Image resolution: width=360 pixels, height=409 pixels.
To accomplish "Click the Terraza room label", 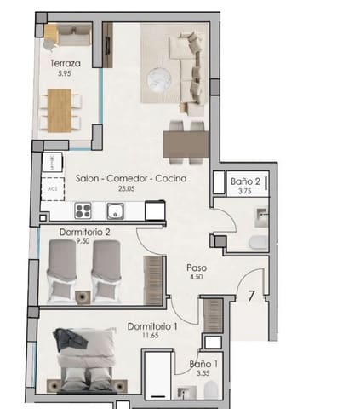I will tap(65, 63).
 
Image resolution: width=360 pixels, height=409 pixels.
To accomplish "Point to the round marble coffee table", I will tap(159, 79).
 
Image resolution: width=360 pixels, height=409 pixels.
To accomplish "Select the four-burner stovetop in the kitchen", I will tap(84, 210).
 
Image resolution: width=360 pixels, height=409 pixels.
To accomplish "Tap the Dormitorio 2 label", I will tap(85, 232).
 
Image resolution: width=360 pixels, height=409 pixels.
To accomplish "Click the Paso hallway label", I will tap(197, 267).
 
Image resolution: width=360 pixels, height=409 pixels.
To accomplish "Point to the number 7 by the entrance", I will tap(252, 297).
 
